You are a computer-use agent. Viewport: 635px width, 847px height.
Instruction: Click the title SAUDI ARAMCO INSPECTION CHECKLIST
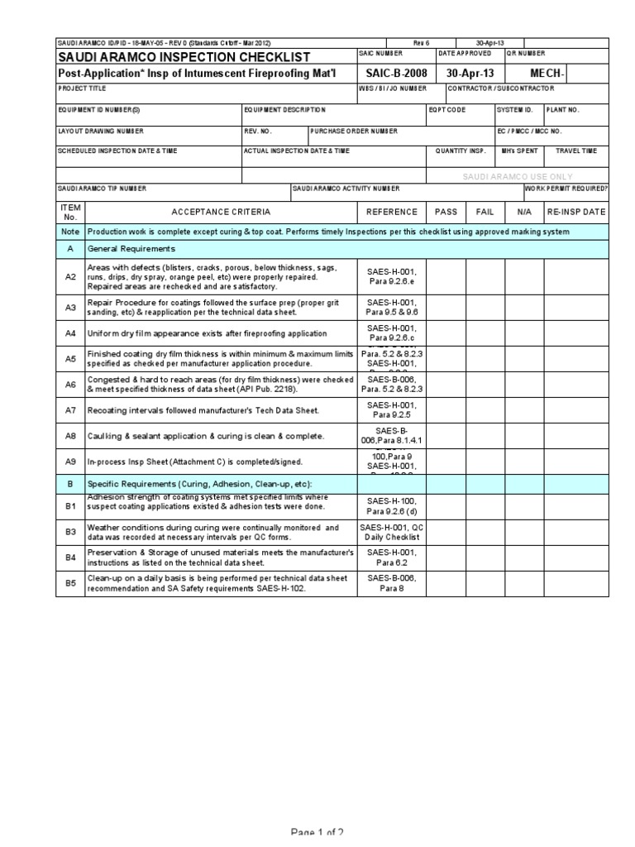pyautogui.click(x=183, y=57)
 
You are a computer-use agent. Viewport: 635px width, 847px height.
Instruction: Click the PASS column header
pyautogui.click(x=446, y=212)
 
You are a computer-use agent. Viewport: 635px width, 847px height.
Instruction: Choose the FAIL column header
pyautogui.click(x=485, y=212)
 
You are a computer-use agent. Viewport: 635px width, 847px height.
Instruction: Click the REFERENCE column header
pyautogui.click(x=392, y=212)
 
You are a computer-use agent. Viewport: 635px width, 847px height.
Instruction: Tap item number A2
pyautogui.click(x=70, y=276)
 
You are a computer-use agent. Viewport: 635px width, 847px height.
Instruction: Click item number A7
pyautogui.click(x=70, y=410)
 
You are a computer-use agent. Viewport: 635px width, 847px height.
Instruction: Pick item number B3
pyautogui.click(x=70, y=532)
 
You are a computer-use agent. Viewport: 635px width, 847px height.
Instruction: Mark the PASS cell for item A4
pyautogui.click(x=446, y=333)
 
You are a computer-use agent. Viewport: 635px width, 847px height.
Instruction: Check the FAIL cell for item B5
pyautogui.click(x=485, y=583)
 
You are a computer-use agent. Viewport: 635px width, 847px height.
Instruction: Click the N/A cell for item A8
pyautogui.click(x=525, y=436)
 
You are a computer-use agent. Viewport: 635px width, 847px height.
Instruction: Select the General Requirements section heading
pyautogui.click(x=131, y=248)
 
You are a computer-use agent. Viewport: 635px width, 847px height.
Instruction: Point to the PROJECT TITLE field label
pyautogui.click(x=82, y=88)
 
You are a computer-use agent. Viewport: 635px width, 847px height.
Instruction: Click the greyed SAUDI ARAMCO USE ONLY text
pyautogui.click(x=518, y=176)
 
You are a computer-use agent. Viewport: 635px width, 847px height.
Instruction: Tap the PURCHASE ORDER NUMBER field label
pyautogui.click(x=354, y=131)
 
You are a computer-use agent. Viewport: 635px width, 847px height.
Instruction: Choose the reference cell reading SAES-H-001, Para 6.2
pyautogui.click(x=392, y=557)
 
